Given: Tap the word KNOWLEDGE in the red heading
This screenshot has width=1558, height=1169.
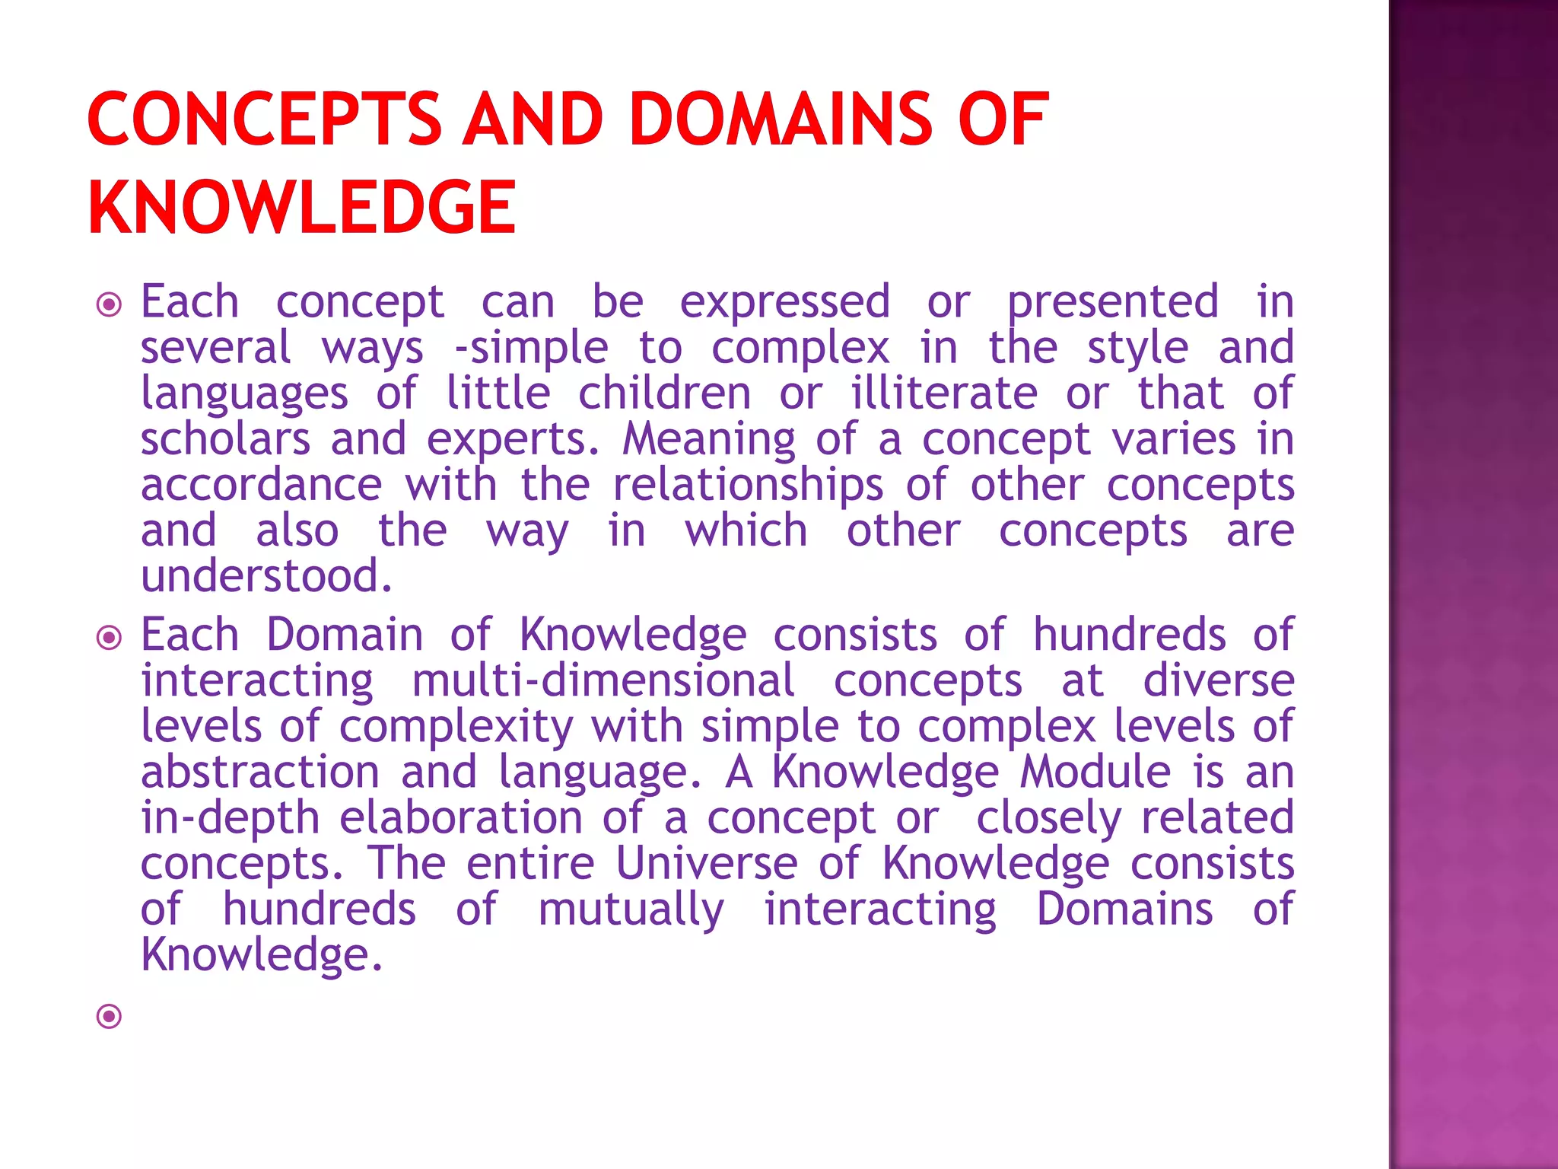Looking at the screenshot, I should (302, 207).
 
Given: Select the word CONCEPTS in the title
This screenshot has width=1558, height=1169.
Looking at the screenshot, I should (264, 119).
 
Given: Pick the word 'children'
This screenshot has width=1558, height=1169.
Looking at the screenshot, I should (664, 393).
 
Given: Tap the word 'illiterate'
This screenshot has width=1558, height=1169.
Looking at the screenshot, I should (943, 393).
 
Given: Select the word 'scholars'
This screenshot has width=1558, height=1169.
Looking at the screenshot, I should (225, 440).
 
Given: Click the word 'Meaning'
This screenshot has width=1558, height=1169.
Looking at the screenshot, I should (708, 440).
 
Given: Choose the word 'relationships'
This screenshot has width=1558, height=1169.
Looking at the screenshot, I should (748, 486).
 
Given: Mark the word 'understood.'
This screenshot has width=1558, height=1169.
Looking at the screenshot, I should (266, 576).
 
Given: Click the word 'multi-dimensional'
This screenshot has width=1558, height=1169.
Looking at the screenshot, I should (603, 680).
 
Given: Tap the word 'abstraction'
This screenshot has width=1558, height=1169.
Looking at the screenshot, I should (260, 772).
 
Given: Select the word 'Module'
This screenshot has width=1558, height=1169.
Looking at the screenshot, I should (1095, 772).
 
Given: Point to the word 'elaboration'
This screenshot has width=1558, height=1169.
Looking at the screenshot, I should (461, 818).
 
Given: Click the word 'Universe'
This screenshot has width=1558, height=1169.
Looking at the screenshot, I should (707, 864).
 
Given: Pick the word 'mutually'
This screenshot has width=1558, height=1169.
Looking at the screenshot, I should (631, 910).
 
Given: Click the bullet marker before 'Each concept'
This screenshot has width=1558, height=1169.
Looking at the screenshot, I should (110, 305).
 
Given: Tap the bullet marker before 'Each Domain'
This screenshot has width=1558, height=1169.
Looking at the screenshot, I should (110, 637).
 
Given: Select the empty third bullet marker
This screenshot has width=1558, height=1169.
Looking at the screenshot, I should (110, 1015).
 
